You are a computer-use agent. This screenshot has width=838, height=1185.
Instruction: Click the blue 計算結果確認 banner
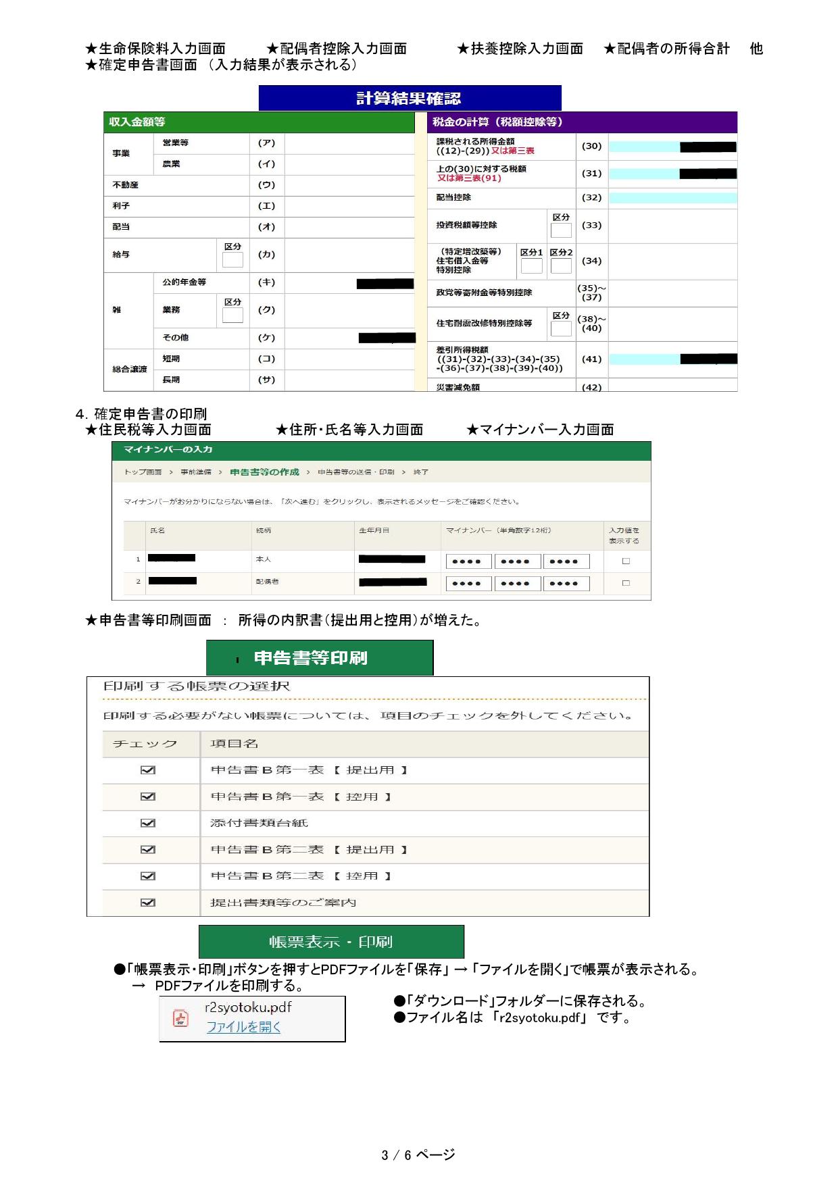point(410,98)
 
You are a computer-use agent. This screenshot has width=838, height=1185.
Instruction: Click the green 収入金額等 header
point(259,122)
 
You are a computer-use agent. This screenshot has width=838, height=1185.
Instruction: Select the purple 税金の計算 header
point(583,122)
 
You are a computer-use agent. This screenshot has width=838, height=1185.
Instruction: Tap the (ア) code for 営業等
point(266,143)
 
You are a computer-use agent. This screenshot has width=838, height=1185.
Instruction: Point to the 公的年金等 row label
point(184,282)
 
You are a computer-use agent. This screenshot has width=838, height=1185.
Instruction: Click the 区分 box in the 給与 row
point(232,260)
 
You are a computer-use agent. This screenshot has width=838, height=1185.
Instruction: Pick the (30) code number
point(591,147)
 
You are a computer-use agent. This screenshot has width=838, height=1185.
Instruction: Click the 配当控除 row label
point(453,198)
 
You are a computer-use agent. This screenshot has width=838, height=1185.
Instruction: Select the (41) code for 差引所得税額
point(591,359)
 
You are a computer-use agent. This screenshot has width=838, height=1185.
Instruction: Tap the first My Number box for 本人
point(468,561)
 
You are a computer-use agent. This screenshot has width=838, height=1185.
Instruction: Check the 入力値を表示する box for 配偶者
point(626,582)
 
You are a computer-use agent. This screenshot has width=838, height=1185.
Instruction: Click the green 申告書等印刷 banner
point(319,658)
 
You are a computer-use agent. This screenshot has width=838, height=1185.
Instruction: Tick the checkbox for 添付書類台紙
point(148,823)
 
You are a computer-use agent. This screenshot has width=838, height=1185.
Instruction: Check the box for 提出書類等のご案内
point(148,903)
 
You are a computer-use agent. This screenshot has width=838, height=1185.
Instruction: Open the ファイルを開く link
point(243,1027)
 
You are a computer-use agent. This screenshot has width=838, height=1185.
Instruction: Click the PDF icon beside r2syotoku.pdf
point(180,1018)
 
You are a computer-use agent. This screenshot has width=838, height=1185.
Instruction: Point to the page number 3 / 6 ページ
point(418,1155)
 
